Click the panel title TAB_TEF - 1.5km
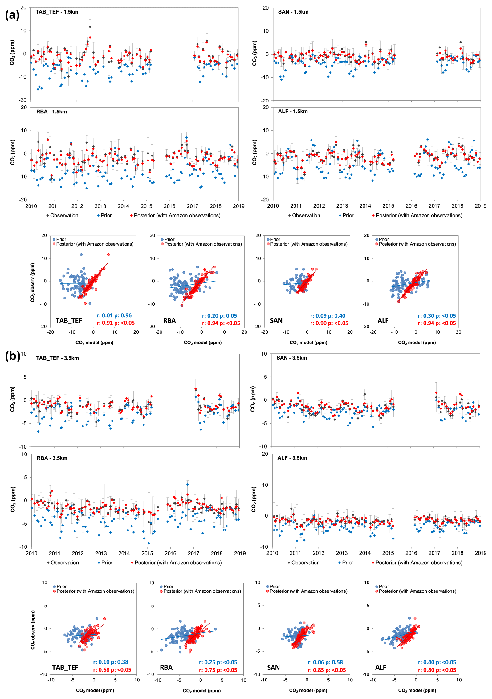[57, 12]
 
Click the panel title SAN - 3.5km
[291, 358]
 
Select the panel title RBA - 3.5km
[52, 458]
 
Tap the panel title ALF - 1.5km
[292, 112]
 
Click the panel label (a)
[12, 15]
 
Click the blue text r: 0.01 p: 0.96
[114, 315]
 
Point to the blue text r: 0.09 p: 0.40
[327, 316]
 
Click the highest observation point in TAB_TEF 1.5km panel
[90, 27]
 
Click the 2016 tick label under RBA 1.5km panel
[169, 206]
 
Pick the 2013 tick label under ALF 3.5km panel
[342, 553]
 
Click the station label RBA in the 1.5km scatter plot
[169, 321]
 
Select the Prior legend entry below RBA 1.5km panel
[104, 216]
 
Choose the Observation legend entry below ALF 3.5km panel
[303, 563]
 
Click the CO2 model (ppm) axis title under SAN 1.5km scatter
[308, 343]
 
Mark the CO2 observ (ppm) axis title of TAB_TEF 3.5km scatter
[33, 630]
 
